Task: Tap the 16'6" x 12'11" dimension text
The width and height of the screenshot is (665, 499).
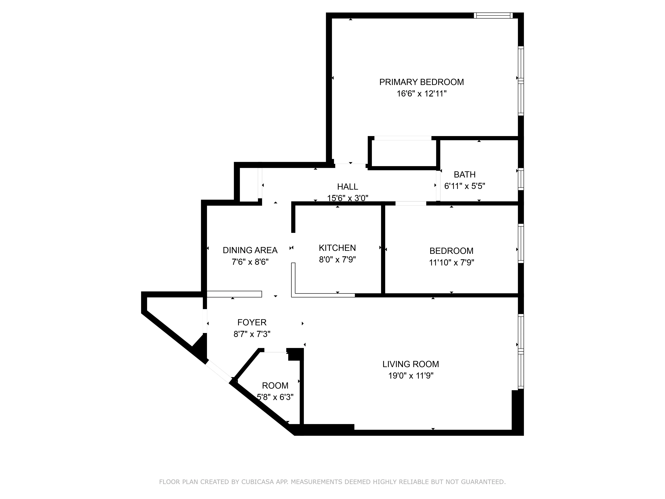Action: click(421, 94)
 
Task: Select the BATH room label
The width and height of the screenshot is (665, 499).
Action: click(465, 174)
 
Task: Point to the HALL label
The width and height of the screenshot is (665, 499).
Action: click(347, 187)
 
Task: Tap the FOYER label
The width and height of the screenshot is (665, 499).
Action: click(252, 323)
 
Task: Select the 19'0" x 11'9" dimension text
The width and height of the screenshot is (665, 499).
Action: click(411, 376)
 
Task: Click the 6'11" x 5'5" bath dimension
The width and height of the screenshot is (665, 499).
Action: click(465, 186)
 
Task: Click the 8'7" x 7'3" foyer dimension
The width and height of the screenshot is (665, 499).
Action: click(252, 334)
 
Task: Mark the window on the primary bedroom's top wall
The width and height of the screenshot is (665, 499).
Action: click(493, 15)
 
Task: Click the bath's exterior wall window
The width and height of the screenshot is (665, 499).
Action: click(521, 179)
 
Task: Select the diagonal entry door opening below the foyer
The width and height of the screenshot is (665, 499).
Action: click(219, 371)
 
